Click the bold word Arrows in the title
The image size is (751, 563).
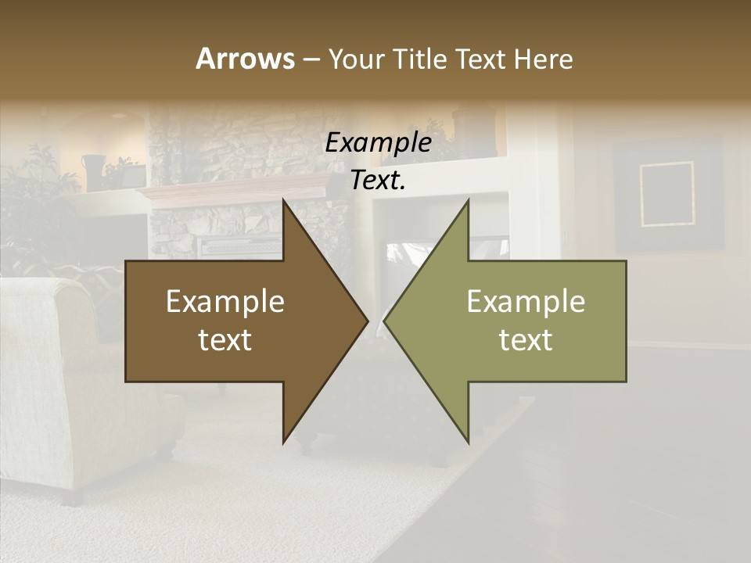pos(246,59)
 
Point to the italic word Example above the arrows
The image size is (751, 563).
pos(378,143)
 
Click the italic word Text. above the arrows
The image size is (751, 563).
pos(378,181)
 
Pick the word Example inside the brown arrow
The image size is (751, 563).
pos(225,302)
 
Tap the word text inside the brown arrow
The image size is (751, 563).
pos(225,340)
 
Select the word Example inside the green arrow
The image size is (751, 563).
pos(526,302)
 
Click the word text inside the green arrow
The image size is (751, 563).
pos(526,340)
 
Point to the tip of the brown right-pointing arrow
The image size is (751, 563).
pos(368,321)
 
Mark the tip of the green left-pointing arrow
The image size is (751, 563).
pos(384,321)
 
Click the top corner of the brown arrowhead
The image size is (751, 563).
pos(283,200)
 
